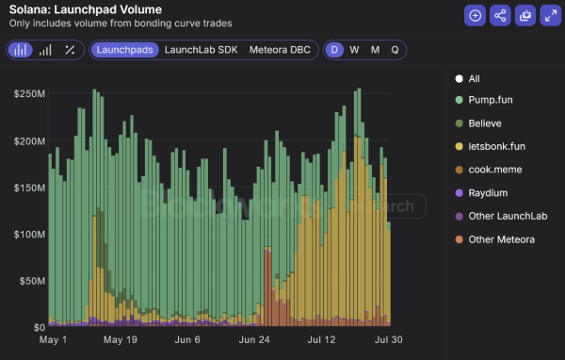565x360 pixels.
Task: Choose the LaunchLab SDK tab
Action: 201,49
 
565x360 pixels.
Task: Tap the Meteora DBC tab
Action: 281,49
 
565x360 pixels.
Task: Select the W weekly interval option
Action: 354,49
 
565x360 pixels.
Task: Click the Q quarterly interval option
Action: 395,49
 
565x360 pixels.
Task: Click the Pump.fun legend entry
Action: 491,100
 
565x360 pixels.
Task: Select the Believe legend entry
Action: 486,123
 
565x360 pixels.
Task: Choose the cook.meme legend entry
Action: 495,170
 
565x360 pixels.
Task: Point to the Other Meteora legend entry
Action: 501,239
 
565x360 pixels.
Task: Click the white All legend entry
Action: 474,78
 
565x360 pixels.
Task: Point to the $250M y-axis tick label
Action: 28,93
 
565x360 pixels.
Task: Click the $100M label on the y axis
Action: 28,234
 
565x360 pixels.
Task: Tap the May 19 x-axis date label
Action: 121,340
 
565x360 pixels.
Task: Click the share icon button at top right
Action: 500,15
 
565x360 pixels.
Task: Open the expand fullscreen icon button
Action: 550,15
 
